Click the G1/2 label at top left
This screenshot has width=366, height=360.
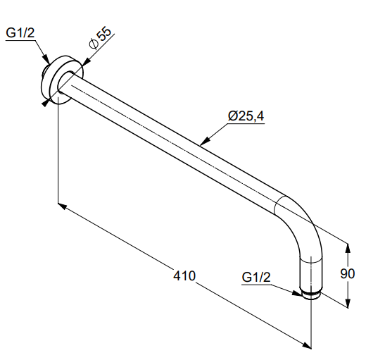20,32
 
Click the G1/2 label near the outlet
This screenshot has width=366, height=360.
256,277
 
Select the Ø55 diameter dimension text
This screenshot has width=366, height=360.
100,39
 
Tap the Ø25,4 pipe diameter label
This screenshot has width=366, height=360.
246,116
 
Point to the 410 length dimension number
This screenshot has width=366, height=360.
184,275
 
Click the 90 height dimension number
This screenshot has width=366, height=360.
348,274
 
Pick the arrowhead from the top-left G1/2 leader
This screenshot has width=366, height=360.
46,59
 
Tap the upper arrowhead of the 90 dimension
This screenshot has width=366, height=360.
348,248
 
